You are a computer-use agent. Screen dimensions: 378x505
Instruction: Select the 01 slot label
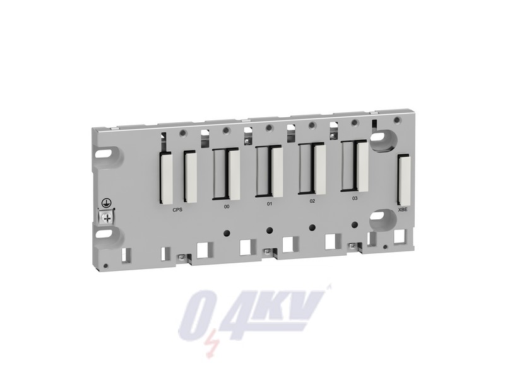pos(270,205)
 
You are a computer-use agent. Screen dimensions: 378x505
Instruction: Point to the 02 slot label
pos(312,201)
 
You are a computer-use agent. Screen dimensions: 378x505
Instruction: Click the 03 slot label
pos(355,198)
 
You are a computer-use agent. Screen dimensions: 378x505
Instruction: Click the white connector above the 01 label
pos(276,170)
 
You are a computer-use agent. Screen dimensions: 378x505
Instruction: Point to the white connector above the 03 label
pos(361,164)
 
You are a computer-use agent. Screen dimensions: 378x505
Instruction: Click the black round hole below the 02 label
pos(311,227)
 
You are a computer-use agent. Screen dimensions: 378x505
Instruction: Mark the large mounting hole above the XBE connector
pos(383,140)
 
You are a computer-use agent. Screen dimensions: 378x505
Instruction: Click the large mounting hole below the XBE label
pos(381,219)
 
